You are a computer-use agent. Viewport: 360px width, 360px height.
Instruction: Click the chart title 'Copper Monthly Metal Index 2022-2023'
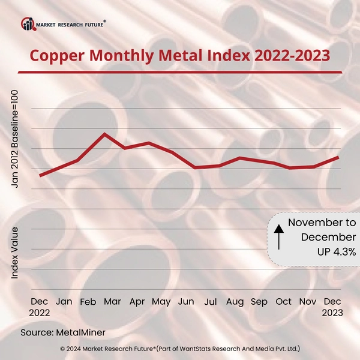(x=180, y=56)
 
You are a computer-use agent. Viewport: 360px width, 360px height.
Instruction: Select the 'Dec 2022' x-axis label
(x=40, y=306)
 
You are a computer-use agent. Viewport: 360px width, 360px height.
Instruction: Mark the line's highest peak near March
(x=105, y=134)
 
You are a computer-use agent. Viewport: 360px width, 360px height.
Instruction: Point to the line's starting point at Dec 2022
(x=40, y=175)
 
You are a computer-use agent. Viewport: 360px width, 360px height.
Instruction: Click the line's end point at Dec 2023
(x=340, y=157)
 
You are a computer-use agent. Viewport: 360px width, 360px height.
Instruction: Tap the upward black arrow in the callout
(x=278, y=237)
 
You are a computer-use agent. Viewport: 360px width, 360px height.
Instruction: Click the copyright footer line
(x=180, y=348)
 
